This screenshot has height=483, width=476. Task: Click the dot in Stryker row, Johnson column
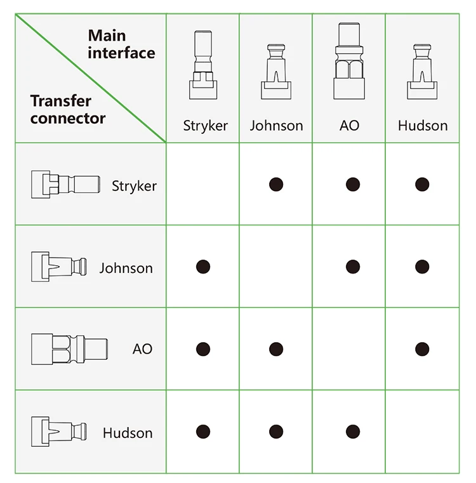[x=276, y=185]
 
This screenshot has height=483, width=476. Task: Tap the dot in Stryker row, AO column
[x=353, y=185]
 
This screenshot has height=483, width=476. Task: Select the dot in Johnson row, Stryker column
[x=203, y=267]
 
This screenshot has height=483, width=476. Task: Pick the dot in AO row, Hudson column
[x=422, y=349]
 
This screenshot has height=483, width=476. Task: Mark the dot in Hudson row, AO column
[x=353, y=432]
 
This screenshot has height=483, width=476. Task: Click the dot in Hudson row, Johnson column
[x=276, y=432]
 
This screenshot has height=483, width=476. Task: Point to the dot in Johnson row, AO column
[x=353, y=267]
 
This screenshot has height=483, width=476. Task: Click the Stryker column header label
[x=206, y=126]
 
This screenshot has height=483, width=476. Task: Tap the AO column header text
[x=349, y=126]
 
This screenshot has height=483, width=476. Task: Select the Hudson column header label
[x=423, y=126]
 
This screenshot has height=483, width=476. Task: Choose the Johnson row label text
[x=126, y=268]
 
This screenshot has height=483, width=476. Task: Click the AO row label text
[x=142, y=349]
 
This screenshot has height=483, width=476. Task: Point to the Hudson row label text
[x=128, y=433]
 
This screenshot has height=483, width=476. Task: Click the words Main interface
[x=121, y=44]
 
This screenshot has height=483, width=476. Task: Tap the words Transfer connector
[x=68, y=110]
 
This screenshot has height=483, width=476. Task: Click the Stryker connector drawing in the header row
[x=203, y=65]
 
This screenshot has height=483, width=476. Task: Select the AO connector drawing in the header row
[x=349, y=61]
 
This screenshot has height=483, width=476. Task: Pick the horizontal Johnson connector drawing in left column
[x=59, y=267]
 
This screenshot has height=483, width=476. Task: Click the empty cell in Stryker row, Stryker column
[x=202, y=184]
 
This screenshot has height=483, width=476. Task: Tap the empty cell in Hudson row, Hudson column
[x=422, y=432]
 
